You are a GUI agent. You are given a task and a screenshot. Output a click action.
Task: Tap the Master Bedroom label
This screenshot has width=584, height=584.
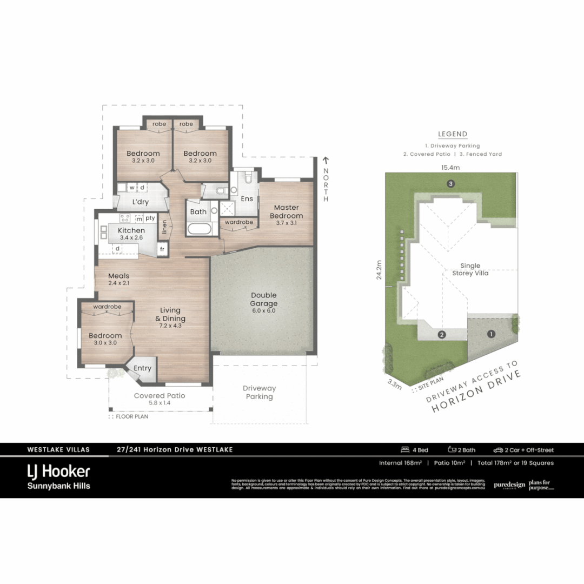click(x=286, y=211)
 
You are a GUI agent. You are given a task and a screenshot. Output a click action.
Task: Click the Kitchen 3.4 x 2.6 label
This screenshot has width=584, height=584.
click(x=131, y=234)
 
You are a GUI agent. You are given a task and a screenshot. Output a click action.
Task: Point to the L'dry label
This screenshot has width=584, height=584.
click(x=140, y=202)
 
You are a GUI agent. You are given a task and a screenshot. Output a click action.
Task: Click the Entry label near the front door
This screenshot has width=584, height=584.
click(x=142, y=368)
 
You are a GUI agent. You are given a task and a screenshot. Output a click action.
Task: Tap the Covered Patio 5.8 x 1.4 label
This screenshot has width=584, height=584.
click(x=160, y=399)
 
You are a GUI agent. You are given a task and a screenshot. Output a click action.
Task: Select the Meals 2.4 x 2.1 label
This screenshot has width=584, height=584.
click(x=118, y=279)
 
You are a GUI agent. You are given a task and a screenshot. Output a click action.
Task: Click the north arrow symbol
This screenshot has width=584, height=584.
click(x=326, y=160)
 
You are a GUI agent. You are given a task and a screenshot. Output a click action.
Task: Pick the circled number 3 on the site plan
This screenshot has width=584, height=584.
click(x=450, y=184)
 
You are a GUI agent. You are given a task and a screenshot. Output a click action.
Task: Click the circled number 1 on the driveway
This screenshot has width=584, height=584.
click(x=491, y=334)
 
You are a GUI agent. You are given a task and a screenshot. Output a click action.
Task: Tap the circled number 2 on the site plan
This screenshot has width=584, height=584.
click(x=442, y=335)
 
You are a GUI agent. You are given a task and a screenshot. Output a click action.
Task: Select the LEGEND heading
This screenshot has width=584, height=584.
click(x=453, y=134)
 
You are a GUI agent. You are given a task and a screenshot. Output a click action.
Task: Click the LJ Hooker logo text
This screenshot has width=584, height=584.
click(x=58, y=471)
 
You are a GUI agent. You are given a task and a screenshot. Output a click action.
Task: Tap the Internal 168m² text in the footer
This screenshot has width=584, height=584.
click(x=400, y=463)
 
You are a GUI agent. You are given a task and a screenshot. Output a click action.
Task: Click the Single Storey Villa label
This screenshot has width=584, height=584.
click(x=470, y=269)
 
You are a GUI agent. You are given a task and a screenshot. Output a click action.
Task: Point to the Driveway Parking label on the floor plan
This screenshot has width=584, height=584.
click(x=259, y=393)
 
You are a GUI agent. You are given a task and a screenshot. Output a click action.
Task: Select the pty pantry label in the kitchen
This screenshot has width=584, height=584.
click(x=150, y=218)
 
